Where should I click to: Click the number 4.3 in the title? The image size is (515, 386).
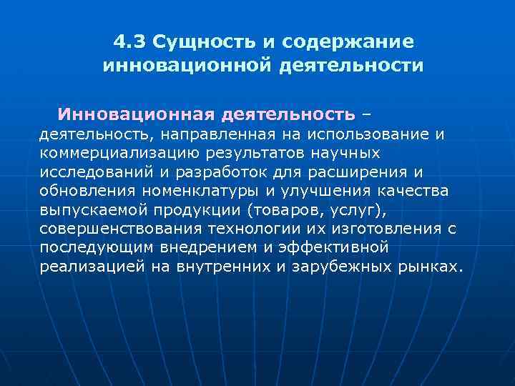click(x=129, y=42)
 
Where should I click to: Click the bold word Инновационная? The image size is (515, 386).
click(x=137, y=114)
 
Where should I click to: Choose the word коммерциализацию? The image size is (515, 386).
click(x=109, y=153)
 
